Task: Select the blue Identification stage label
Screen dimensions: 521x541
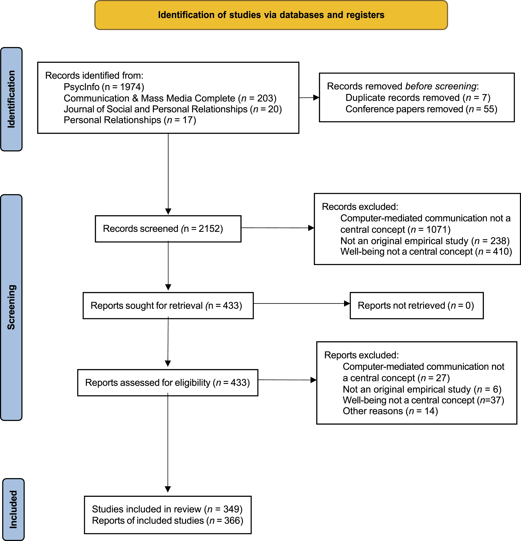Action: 11,99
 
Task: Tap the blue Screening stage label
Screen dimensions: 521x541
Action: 11,307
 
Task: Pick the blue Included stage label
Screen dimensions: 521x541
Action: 13,509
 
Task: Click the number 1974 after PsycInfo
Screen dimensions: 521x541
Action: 130,87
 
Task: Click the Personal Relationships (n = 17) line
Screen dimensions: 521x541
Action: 130,120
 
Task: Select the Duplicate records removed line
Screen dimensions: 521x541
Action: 418,98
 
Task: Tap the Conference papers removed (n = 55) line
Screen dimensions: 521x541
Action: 421,109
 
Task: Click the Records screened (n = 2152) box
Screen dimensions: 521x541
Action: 168,229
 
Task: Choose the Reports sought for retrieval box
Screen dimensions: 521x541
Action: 168,306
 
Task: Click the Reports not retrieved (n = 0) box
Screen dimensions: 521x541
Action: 417,306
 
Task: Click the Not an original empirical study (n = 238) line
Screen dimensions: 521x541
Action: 425,241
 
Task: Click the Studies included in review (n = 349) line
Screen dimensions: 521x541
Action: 167,509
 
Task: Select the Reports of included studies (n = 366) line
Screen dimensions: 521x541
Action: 167,520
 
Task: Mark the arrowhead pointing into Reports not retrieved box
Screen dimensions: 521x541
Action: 347,303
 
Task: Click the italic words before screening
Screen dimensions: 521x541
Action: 441,86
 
